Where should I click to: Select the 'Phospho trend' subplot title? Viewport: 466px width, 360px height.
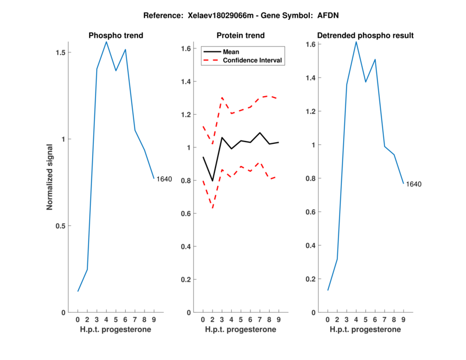click(x=116, y=36)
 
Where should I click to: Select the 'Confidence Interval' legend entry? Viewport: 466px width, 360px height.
click(x=253, y=60)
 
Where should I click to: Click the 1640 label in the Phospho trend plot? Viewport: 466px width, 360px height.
click(x=164, y=179)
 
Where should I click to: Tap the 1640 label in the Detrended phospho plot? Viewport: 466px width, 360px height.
click(x=414, y=184)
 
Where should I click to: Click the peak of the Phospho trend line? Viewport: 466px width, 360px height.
click(x=106, y=42)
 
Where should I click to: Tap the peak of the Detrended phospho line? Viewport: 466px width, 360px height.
click(x=356, y=41)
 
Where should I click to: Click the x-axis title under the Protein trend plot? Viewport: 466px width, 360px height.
click(x=241, y=330)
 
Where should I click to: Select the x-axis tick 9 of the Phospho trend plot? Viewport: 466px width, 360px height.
click(x=154, y=320)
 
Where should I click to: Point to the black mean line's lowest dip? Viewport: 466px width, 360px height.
click(x=213, y=181)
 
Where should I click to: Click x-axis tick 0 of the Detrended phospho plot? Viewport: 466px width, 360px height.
click(x=328, y=320)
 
